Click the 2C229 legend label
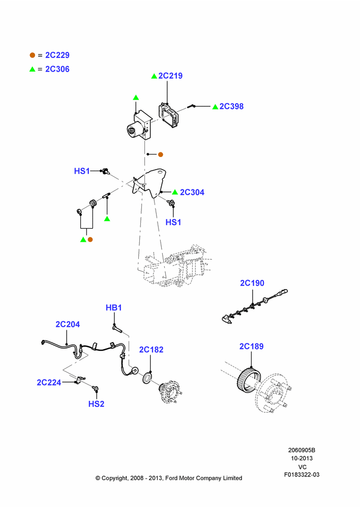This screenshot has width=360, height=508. click(57, 55)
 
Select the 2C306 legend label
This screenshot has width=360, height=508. click(57, 69)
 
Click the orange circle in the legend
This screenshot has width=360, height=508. click(32, 55)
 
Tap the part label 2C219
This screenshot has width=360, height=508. click(170, 76)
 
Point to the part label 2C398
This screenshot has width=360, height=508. click(231, 106)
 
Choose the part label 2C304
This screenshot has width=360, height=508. click(192, 192)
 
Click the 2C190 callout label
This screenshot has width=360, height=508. click(252, 283)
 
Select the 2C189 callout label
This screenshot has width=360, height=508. click(251, 346)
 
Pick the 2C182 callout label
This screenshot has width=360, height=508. click(151, 350)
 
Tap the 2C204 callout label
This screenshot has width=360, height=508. click(68, 324)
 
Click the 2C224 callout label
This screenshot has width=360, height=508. click(49, 383)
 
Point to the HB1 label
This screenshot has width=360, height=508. click(113, 307)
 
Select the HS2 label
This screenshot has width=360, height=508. click(96, 404)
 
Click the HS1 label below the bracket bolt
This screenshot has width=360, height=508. click(173, 223)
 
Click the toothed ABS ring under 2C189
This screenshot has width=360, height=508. click(249, 379)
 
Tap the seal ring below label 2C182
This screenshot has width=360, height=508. click(147, 378)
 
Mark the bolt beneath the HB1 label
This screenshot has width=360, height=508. click(117, 329)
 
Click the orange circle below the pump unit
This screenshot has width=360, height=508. click(160, 154)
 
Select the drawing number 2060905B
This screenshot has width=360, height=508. click(302, 450)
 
